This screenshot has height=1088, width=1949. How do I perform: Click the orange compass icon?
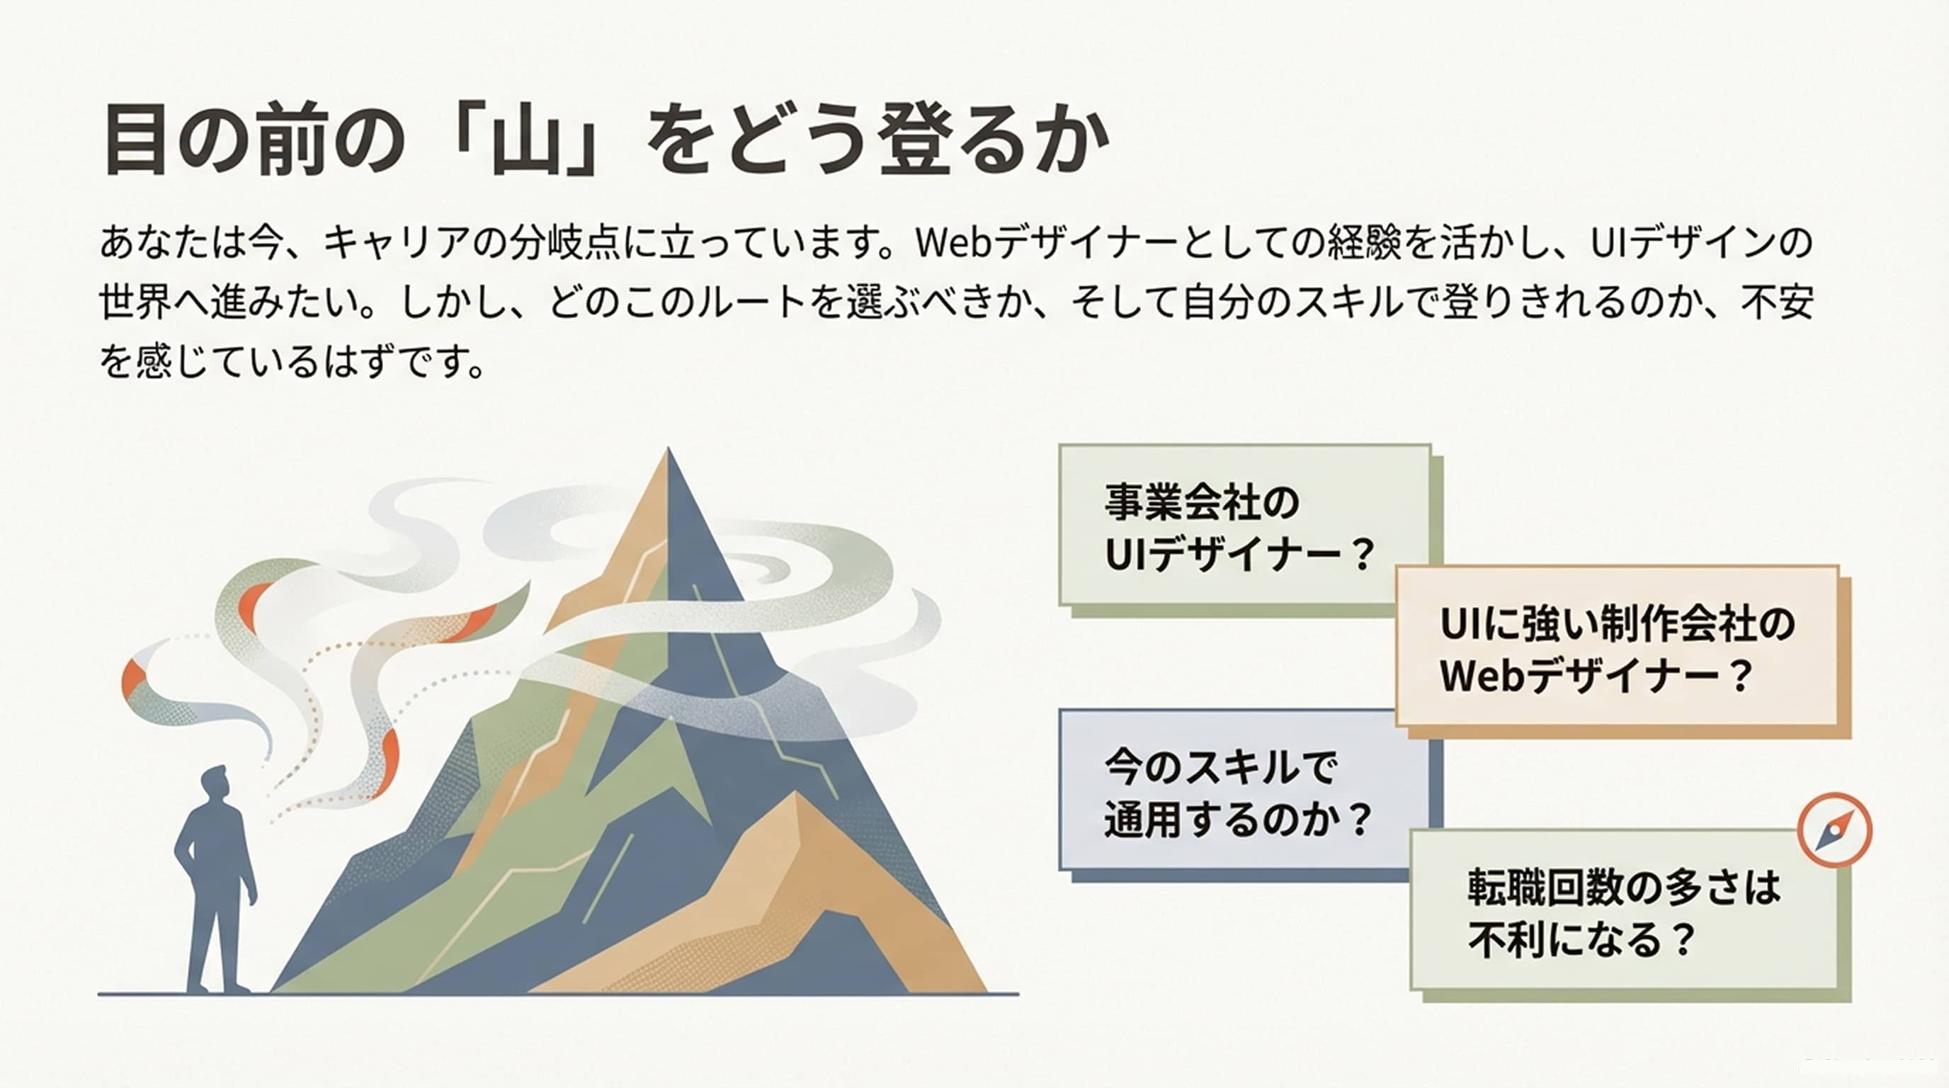[x=1834, y=829]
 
